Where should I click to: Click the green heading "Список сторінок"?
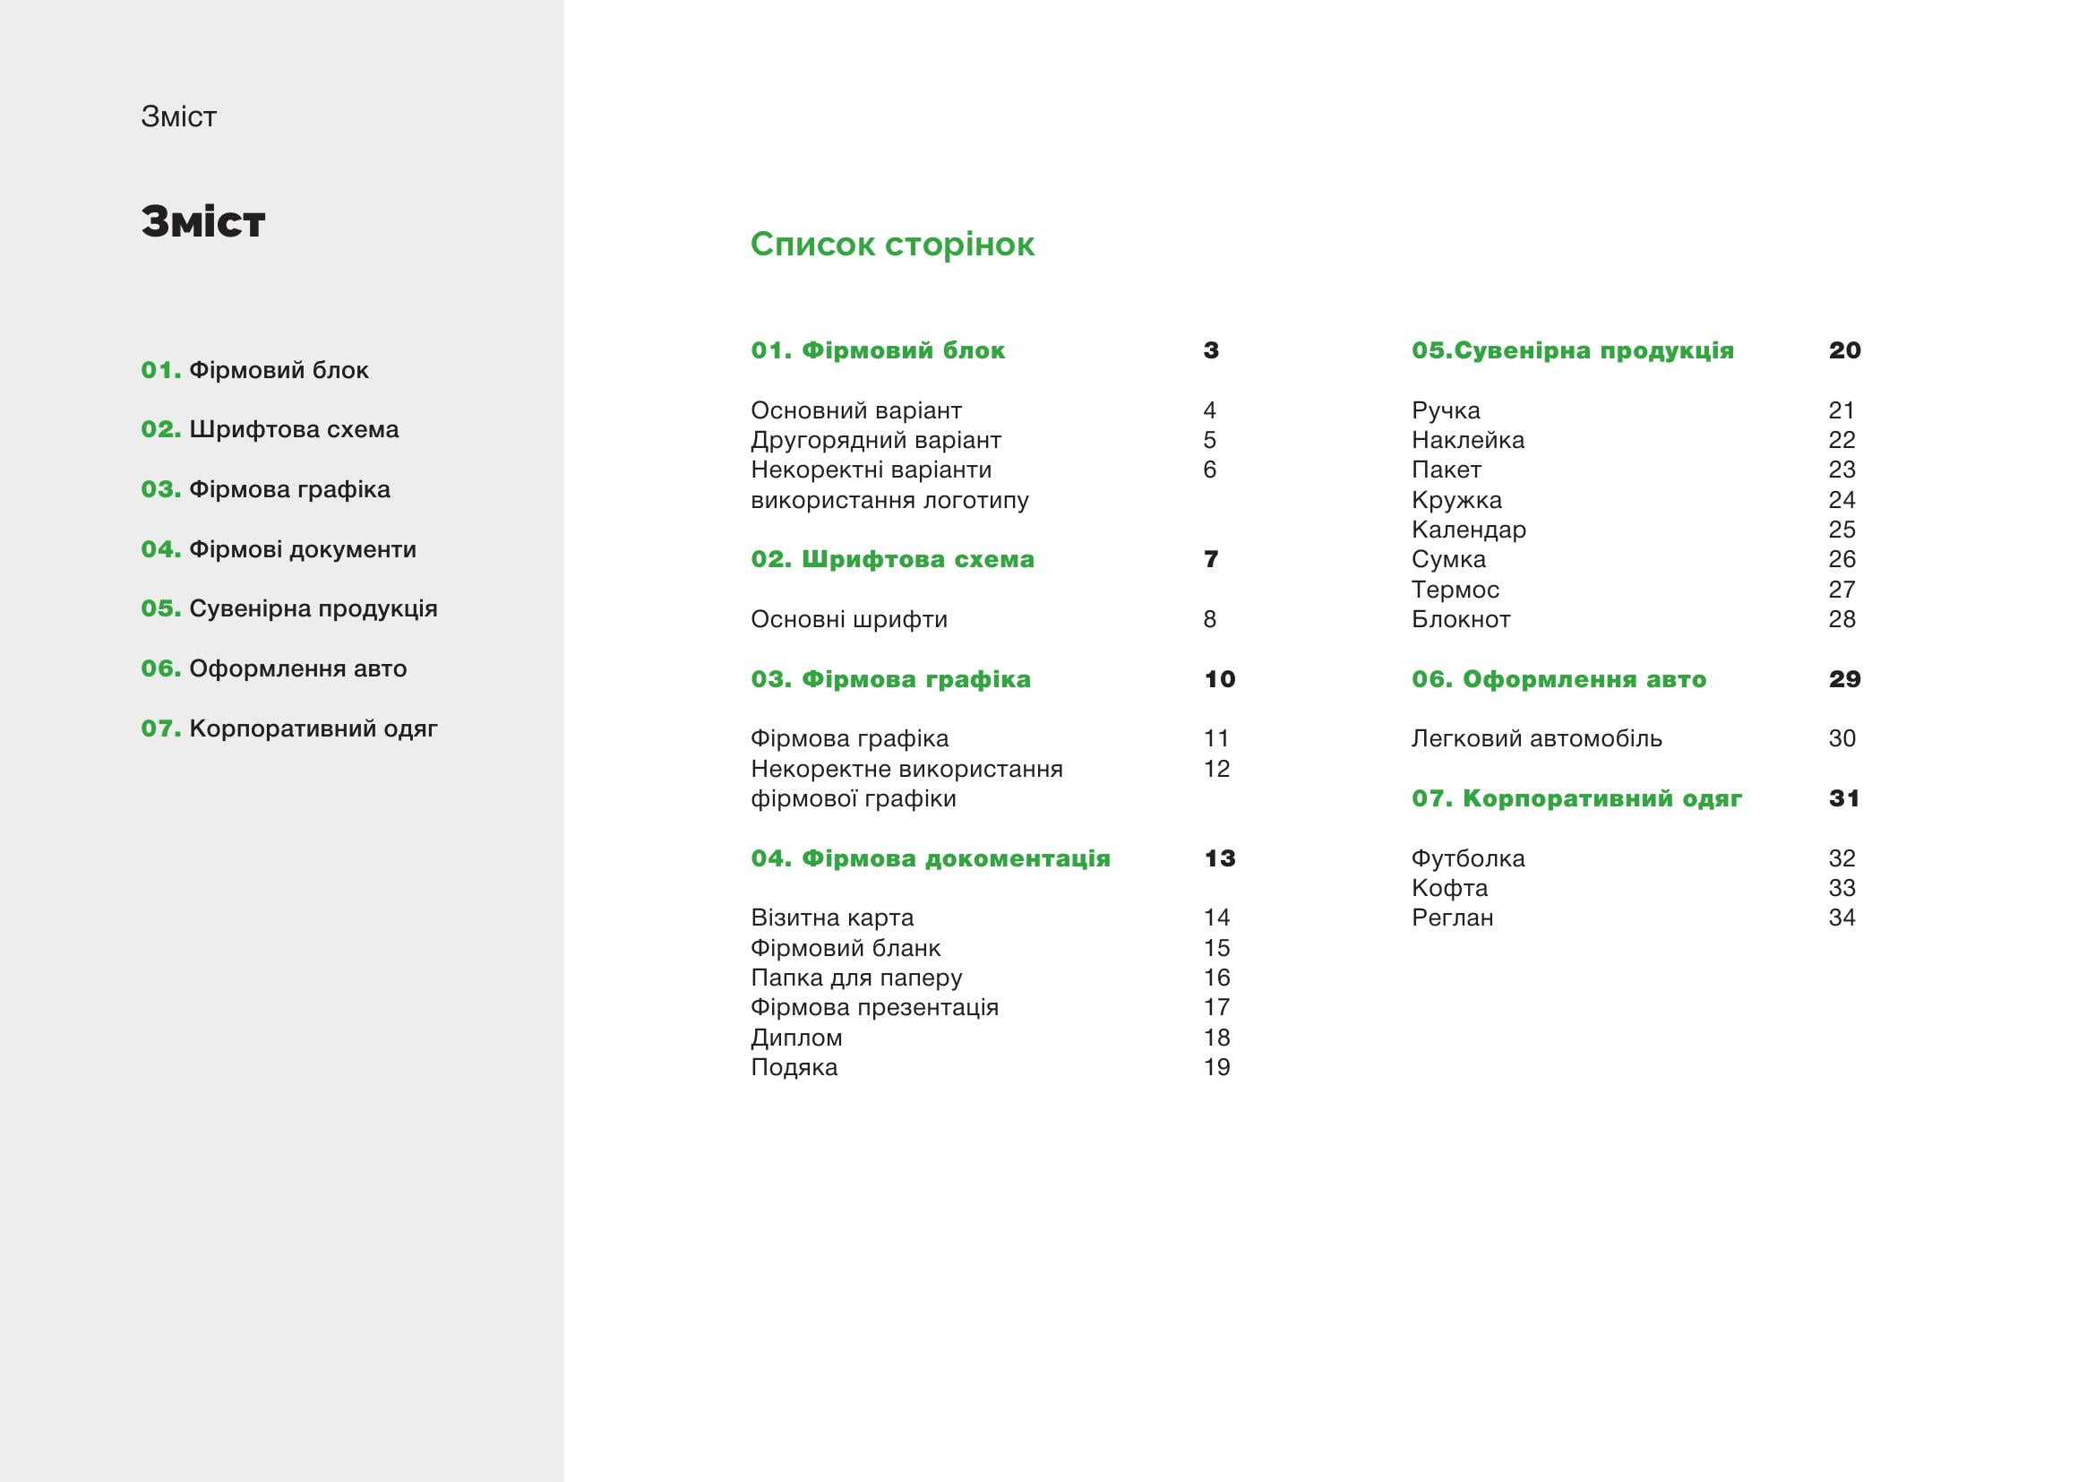(x=891, y=245)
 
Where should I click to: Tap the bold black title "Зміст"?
(x=202, y=221)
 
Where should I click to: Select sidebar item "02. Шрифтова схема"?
(x=270, y=430)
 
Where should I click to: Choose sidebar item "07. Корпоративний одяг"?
(x=288, y=729)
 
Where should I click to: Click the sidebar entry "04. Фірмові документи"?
(x=279, y=549)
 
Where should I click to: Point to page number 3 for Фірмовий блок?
(x=1211, y=350)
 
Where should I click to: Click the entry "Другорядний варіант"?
(x=875, y=441)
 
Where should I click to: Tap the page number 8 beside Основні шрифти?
(x=1210, y=620)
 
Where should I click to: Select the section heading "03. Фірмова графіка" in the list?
(x=890, y=680)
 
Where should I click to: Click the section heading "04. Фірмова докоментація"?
(x=930, y=858)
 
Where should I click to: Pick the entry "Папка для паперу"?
(x=856, y=978)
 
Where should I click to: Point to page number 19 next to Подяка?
(x=1216, y=1068)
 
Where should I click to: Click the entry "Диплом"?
(x=795, y=1038)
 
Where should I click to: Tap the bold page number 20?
(x=1844, y=350)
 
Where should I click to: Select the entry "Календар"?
(x=1468, y=530)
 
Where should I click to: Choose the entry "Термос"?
(x=1455, y=590)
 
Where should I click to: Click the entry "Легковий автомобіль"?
(x=1537, y=739)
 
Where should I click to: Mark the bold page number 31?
(x=1844, y=798)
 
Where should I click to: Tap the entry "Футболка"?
(x=1467, y=858)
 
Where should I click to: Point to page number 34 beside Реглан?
(x=1842, y=918)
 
